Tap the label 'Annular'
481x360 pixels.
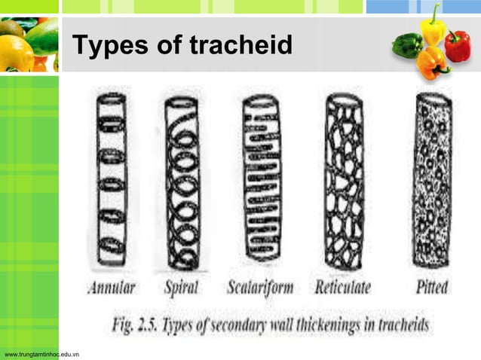point(112,287)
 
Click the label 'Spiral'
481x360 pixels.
point(181,287)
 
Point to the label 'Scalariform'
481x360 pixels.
point(261,287)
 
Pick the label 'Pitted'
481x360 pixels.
point(432,287)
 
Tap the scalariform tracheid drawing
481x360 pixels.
point(260,181)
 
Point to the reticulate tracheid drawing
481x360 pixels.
point(343,181)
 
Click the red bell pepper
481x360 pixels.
point(458,45)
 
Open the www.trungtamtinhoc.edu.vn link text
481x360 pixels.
point(42,352)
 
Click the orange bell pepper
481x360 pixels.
point(433,63)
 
